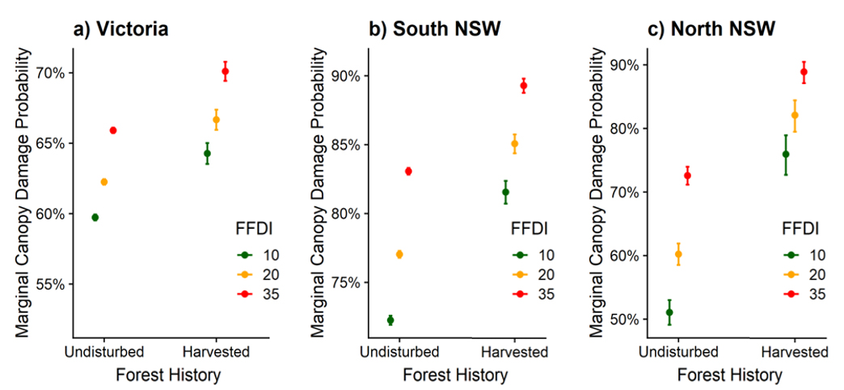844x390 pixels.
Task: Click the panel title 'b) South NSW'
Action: coord(434,30)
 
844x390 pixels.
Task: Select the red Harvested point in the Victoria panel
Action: coord(226,71)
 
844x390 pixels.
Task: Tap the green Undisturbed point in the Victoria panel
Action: coord(95,217)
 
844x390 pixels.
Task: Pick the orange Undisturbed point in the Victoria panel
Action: coord(104,181)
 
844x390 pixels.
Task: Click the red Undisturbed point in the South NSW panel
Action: coord(408,171)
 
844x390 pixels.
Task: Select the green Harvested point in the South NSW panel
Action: coord(505,192)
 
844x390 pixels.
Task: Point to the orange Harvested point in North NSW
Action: coord(795,115)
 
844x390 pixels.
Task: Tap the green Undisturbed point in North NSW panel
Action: coord(669,312)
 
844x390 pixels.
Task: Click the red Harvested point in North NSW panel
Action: coord(804,72)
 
